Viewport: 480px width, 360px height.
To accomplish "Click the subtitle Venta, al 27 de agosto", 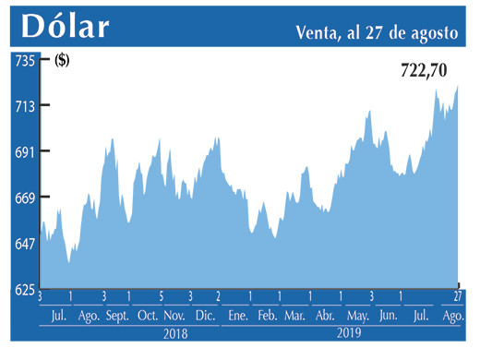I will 378,32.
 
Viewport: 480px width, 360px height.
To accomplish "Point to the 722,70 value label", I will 427,69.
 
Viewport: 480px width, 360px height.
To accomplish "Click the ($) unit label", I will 62,62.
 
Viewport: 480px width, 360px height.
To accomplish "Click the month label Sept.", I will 118,316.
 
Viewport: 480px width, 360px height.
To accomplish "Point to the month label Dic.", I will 205,316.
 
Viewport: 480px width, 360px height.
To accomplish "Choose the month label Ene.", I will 238,316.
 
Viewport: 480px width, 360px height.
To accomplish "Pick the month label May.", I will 357,316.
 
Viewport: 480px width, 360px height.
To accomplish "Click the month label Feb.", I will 267,316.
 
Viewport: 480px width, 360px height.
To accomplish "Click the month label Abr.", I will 324,316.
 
